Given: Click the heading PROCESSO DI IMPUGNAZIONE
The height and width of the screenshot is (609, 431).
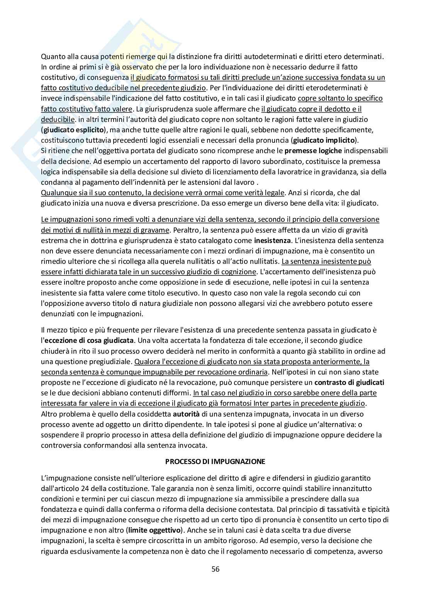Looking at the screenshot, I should pyautogui.click(x=215, y=461).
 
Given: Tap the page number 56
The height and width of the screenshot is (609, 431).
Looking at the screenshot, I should pyautogui.click(x=215, y=569).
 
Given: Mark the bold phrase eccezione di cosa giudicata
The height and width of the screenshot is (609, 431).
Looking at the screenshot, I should pyautogui.click(x=89, y=341).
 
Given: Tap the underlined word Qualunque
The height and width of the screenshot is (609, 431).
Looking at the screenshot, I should pyautogui.click(x=57, y=192).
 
